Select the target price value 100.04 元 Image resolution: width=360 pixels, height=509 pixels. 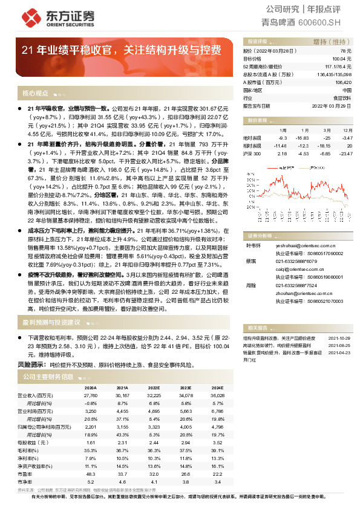tap(343, 59)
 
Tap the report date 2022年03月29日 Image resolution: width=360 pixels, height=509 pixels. tap(334, 105)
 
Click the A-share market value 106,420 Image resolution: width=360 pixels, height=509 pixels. tap(342, 82)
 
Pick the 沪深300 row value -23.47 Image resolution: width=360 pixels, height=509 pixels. tap(345, 154)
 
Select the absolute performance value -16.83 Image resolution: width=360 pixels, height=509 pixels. tap(301, 138)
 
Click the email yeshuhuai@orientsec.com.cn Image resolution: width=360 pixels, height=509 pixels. tap(296, 245)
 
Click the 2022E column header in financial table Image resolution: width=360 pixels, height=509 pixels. tap(154, 387)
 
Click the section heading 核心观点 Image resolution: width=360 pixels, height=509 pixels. tap(34, 94)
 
